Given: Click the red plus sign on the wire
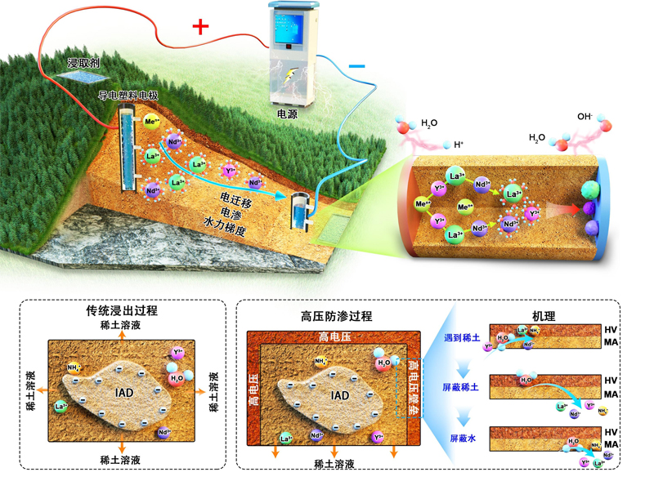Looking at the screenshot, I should point(200,26).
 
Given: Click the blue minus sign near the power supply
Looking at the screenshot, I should point(357,63).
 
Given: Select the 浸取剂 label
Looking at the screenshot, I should point(83,62).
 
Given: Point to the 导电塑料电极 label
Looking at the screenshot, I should point(128,96).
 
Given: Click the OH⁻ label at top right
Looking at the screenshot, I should point(585,117).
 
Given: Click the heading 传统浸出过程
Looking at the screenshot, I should point(122,312).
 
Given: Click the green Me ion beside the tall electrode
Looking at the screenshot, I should point(150,123).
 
